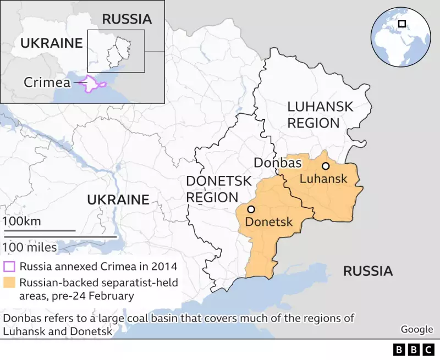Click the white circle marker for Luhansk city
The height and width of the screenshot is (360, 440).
pos(326,166)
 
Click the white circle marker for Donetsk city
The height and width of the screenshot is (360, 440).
pos(251,209)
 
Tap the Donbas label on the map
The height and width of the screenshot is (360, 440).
pos(277,163)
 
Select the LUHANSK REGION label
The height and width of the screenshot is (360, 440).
pos(320,115)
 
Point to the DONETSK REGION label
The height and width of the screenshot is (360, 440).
pos(218,189)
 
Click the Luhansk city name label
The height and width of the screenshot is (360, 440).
pos(323,179)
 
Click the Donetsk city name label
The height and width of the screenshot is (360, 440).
pos(269,222)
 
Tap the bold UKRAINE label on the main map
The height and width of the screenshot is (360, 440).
pos(118,200)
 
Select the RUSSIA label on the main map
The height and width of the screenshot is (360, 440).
pos(368,270)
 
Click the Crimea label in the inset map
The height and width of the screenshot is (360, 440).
pos(47,82)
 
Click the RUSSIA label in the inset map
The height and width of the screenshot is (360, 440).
pos(127,19)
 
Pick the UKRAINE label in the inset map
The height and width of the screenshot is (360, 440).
pos(51,43)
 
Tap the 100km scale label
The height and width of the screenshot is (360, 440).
pos(21,221)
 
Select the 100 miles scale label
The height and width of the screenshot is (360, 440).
pos(30,247)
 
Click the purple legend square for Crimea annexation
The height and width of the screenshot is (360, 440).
pos(9,267)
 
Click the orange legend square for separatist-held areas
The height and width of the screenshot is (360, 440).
pos(9,284)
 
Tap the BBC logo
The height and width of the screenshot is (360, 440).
pos(414,350)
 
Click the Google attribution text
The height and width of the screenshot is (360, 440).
pos(416,329)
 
